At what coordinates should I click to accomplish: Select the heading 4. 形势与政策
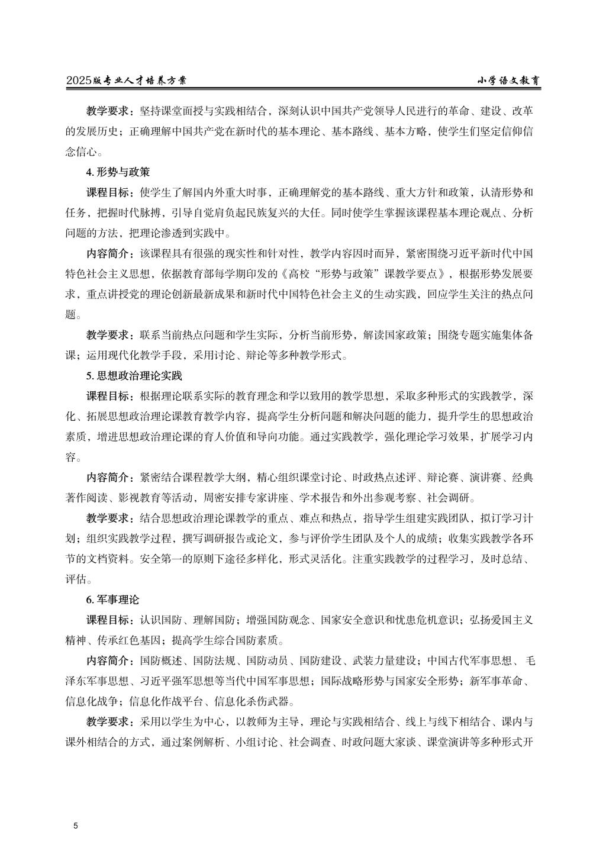pyautogui.click(x=118, y=172)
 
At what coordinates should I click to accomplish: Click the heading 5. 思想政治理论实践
pyautogui.click(x=134, y=376)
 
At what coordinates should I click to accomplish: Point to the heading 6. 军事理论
pyautogui.click(x=112, y=600)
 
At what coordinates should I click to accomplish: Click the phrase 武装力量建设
pyautogui.click(x=385, y=661)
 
